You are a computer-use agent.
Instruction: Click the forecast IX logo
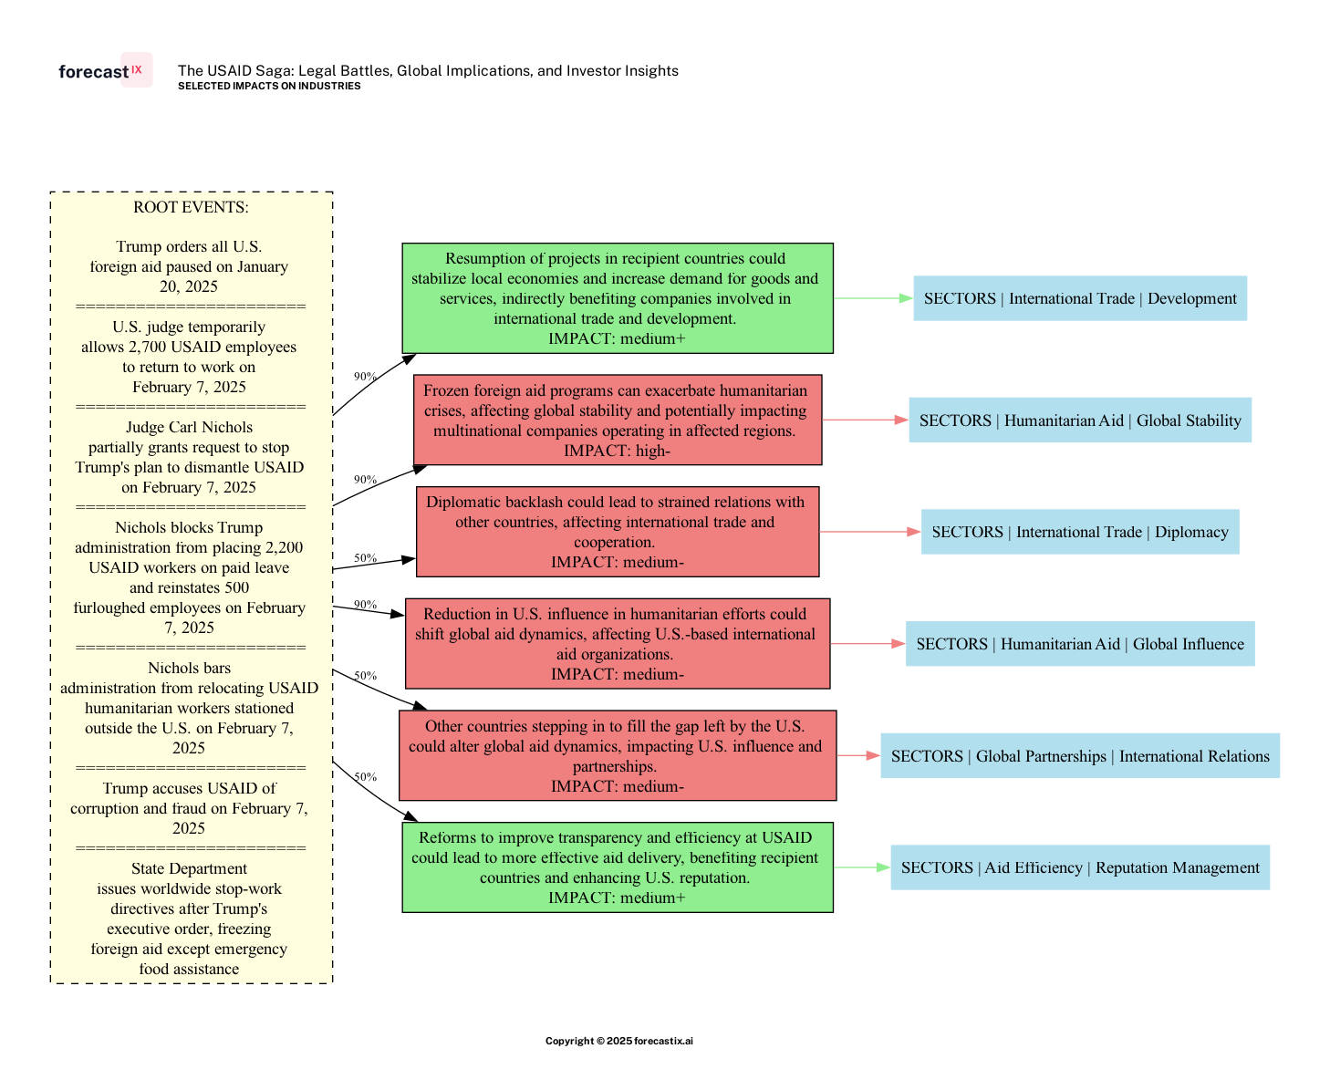point(104,71)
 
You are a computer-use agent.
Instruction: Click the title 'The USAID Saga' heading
point(428,70)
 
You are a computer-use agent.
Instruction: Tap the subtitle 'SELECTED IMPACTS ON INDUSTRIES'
point(269,87)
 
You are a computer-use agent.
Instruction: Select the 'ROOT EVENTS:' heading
point(191,207)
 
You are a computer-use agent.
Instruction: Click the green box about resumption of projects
point(617,298)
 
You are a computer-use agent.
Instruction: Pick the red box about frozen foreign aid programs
point(617,420)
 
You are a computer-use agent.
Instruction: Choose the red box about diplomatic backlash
point(617,532)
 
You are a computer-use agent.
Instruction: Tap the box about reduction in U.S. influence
point(617,644)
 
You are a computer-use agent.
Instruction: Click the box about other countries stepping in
point(617,755)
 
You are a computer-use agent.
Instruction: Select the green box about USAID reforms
point(617,867)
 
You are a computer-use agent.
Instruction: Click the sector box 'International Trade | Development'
point(1080,298)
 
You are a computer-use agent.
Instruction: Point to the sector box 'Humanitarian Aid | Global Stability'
point(1080,420)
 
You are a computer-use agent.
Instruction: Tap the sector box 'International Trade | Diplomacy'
point(1080,532)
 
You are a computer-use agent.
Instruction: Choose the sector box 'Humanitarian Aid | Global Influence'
point(1080,644)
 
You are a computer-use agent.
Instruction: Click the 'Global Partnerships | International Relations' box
point(1080,756)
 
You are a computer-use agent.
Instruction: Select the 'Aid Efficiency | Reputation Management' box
point(1080,867)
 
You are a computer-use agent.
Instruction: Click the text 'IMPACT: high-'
point(617,451)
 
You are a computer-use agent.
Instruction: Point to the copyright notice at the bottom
point(618,1041)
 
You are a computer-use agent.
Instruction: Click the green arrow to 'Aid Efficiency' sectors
point(862,867)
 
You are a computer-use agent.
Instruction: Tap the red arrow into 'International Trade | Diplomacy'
point(870,532)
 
